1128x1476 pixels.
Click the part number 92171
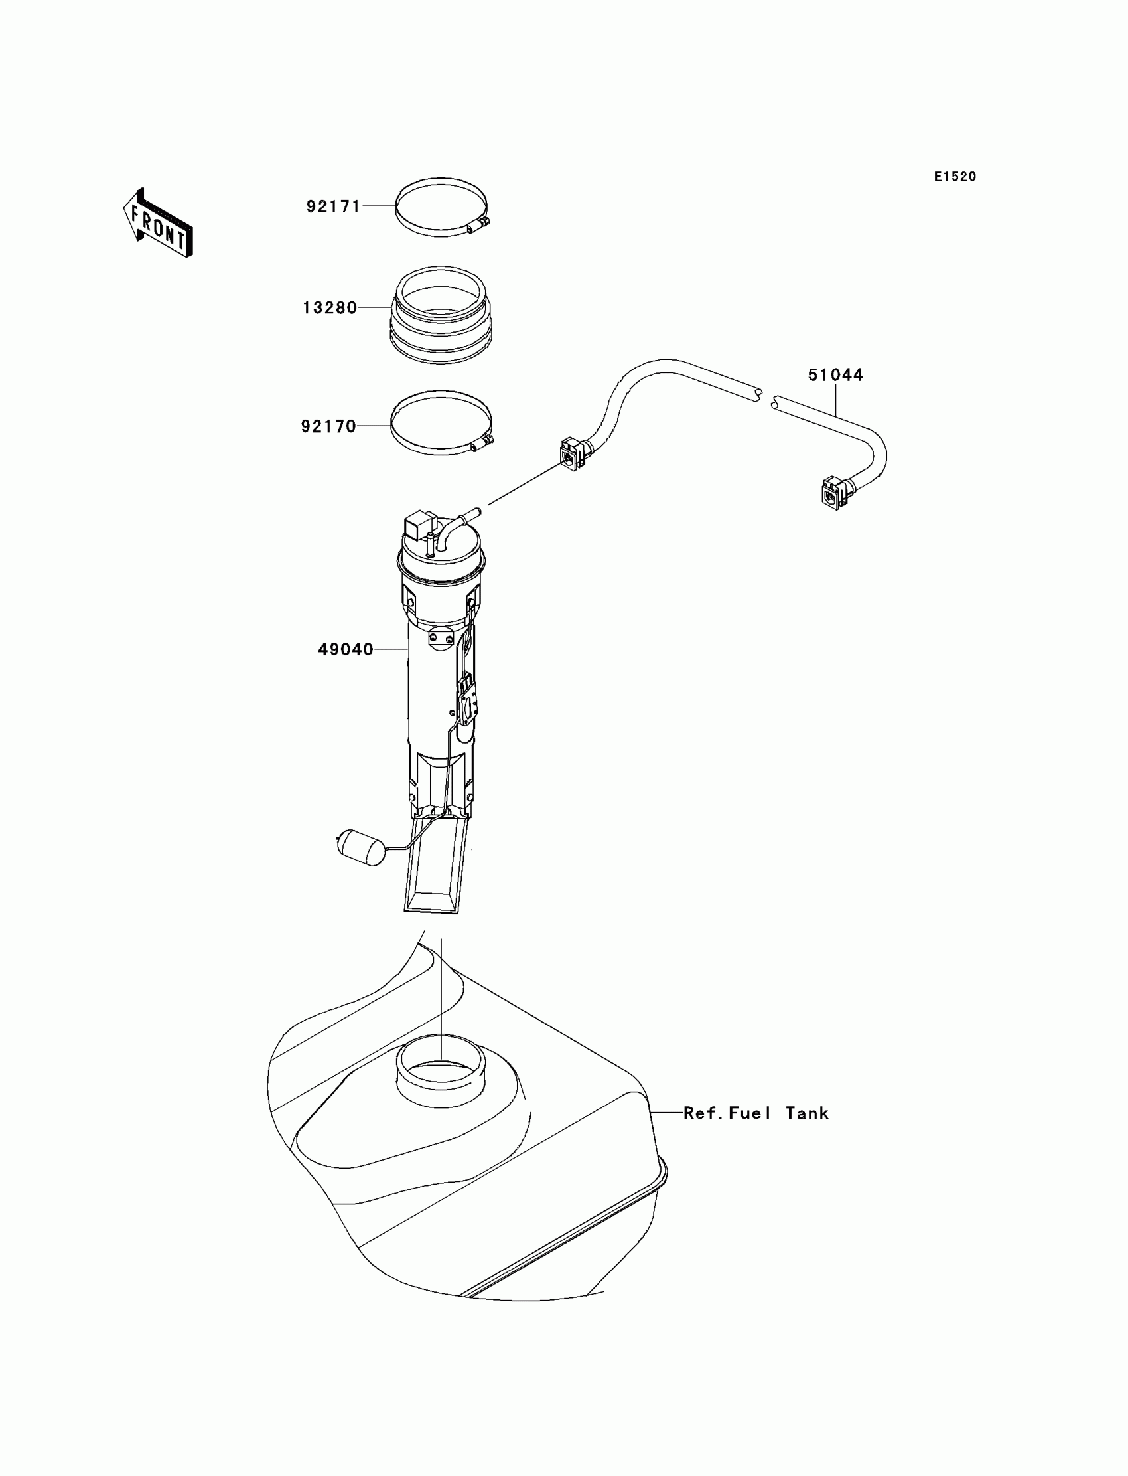[334, 206]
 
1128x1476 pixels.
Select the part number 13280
[330, 307]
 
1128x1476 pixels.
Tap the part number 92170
[328, 426]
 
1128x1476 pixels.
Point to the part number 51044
[835, 375]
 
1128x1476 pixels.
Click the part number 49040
[345, 649]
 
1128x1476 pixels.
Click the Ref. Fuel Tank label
[756, 1113]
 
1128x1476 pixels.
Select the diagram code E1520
[955, 177]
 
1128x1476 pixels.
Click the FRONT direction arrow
[159, 223]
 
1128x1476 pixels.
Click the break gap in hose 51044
[767, 398]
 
